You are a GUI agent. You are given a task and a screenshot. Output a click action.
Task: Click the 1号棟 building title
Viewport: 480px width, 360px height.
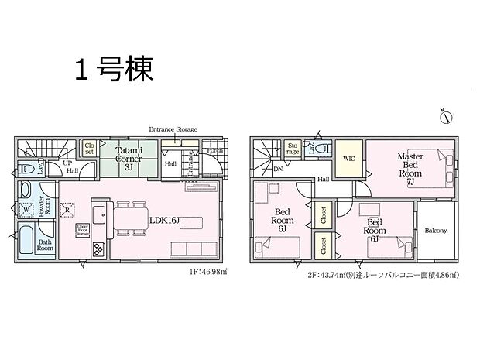coord(113,70)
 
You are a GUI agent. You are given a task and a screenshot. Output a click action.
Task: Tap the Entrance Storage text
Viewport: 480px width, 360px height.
coord(173,129)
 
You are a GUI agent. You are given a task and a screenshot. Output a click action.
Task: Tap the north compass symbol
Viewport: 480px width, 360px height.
coord(446,118)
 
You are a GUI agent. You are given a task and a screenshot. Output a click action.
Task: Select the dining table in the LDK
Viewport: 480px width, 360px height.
coord(130,218)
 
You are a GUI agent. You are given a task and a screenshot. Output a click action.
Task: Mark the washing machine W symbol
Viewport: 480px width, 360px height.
coord(27,209)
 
